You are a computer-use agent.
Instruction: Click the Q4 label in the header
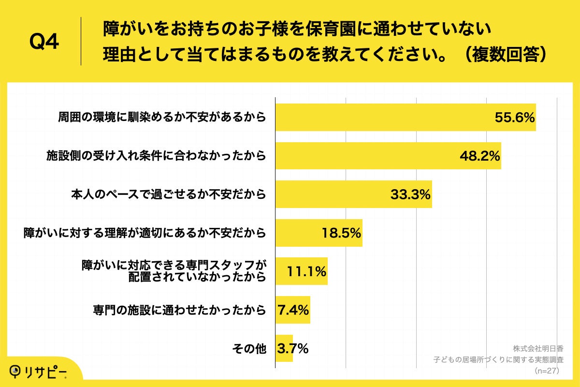(x=44, y=42)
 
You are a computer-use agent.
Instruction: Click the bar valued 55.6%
(x=405, y=117)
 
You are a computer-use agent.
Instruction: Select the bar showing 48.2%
(x=388, y=156)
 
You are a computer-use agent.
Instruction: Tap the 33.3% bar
(x=353, y=194)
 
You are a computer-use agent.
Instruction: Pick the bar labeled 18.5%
(x=319, y=233)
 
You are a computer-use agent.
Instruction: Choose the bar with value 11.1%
(x=301, y=271)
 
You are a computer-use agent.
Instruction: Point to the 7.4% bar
(x=292, y=310)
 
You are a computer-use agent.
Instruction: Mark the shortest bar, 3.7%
(x=284, y=348)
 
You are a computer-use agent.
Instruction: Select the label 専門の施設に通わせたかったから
(x=179, y=310)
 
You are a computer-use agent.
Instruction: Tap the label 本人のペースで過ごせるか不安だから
(x=168, y=194)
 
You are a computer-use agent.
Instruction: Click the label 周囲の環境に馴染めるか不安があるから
(x=162, y=117)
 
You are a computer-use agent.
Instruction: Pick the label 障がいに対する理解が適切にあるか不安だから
(x=145, y=233)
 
